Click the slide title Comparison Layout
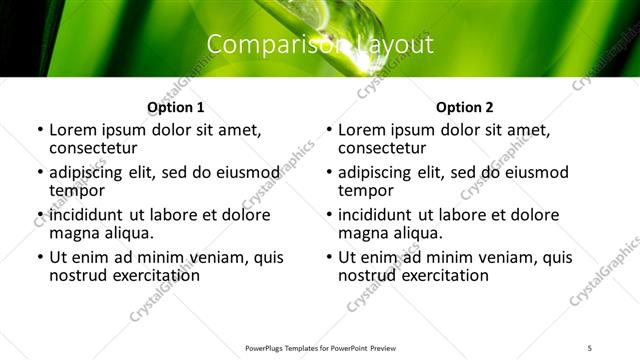320,45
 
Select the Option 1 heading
175,107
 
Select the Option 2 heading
464,107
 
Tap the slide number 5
590,348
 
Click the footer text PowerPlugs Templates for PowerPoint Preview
320,348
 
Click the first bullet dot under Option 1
39,131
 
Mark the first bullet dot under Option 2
328,131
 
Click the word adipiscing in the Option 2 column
380,172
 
